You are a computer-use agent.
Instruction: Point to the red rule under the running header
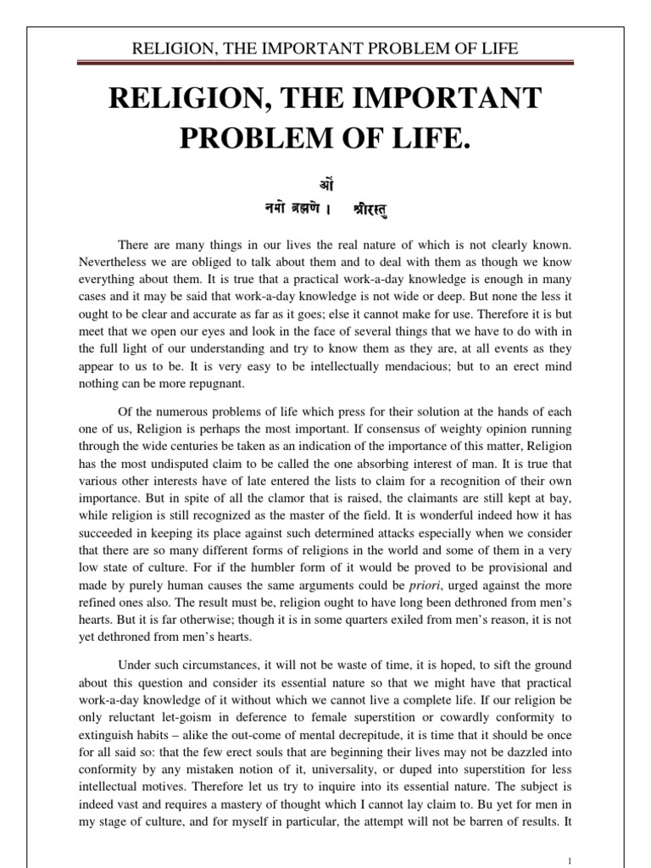(325, 64)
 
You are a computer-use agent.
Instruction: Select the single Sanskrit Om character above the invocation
(325, 182)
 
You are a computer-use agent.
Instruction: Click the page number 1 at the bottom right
(570, 857)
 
